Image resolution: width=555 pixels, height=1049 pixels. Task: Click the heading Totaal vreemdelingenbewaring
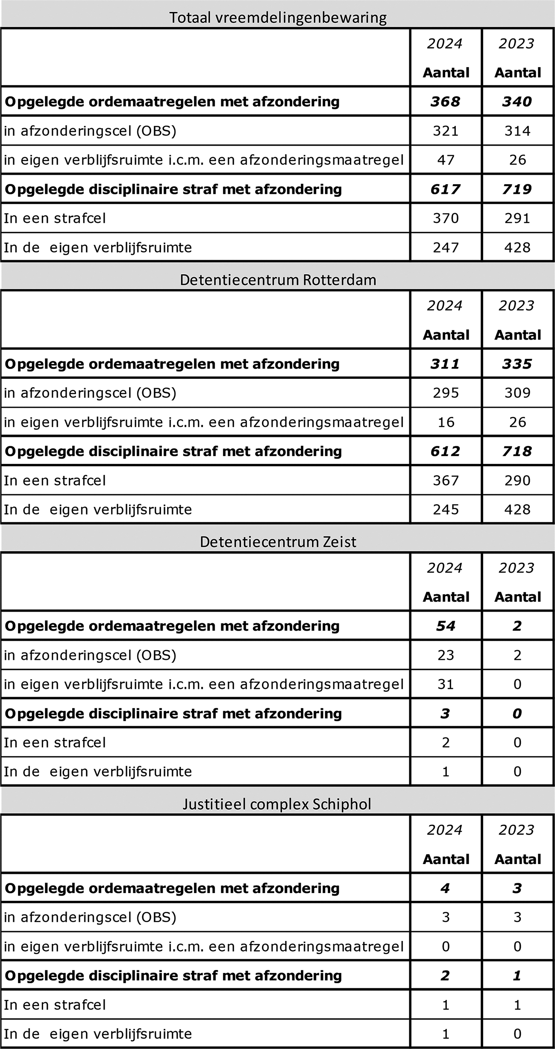pos(278,18)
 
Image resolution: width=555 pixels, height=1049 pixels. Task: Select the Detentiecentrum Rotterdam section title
pos(278,280)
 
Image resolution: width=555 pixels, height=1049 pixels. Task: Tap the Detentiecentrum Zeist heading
pos(278,542)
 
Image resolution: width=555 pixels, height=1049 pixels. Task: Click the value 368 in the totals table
pos(446,101)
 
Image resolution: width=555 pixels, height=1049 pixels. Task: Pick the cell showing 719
pos(517,189)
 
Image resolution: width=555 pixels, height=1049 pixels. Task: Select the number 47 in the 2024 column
pos(446,160)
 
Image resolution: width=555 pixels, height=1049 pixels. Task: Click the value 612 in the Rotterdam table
pos(446,451)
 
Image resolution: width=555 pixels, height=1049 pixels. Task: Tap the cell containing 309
pos(517,393)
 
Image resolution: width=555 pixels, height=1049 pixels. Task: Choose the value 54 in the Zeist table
pos(446,626)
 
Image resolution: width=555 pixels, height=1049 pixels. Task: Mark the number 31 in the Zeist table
pos(446,684)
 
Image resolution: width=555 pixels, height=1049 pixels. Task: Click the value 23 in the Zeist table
pos(446,655)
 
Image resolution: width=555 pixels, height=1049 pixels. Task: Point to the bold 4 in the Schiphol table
pos(445,888)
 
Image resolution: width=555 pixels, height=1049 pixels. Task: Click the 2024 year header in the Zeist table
pos(445,568)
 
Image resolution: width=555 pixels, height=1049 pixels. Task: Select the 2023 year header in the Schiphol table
pos(517,830)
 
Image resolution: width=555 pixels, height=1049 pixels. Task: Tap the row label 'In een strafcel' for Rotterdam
pos(55,481)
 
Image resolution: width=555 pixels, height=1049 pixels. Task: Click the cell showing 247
pos(446,247)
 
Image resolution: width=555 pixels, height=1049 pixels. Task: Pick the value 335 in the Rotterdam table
pos(517,363)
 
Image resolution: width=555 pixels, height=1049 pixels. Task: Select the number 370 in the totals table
pos(446,218)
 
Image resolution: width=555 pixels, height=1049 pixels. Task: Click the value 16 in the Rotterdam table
pos(446,422)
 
